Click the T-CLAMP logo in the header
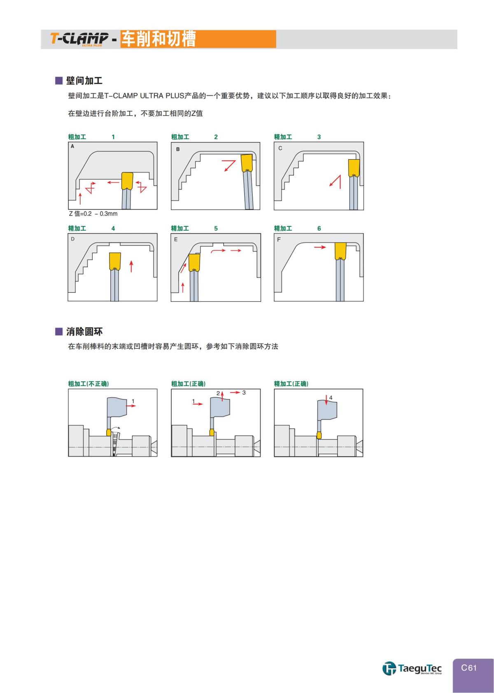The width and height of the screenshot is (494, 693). [79, 39]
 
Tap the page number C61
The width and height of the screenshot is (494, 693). [469, 667]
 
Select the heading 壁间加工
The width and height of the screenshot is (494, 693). [84, 81]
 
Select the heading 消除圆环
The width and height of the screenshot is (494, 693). [84, 332]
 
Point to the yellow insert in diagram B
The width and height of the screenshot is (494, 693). [247, 163]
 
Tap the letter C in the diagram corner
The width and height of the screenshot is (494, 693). [280, 148]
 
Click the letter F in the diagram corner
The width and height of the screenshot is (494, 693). [279, 240]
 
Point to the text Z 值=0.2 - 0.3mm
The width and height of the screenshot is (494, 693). [93, 214]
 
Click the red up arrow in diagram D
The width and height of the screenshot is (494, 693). [131, 266]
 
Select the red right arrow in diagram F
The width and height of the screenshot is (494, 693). [319, 247]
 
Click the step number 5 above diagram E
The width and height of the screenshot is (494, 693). [216, 229]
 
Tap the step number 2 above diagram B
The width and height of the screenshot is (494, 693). [216, 137]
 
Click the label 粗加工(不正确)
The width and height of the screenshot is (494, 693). [89, 384]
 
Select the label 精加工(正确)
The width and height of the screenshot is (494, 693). [291, 384]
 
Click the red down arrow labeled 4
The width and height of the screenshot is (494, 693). [326, 399]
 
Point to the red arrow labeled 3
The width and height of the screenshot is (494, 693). [235, 392]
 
